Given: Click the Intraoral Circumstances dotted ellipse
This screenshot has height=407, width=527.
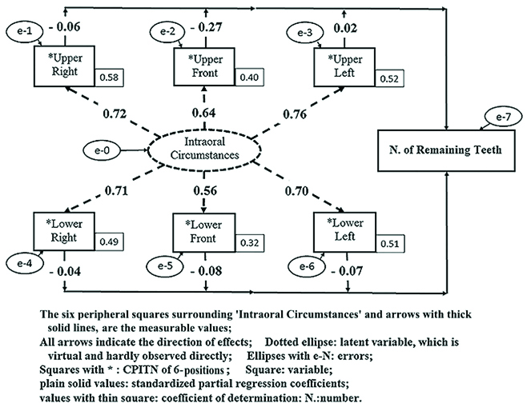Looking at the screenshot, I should (x=197, y=149).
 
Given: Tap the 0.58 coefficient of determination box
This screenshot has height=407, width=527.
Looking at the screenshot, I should (x=108, y=78).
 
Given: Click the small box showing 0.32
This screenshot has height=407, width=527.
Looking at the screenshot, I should (x=248, y=244).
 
